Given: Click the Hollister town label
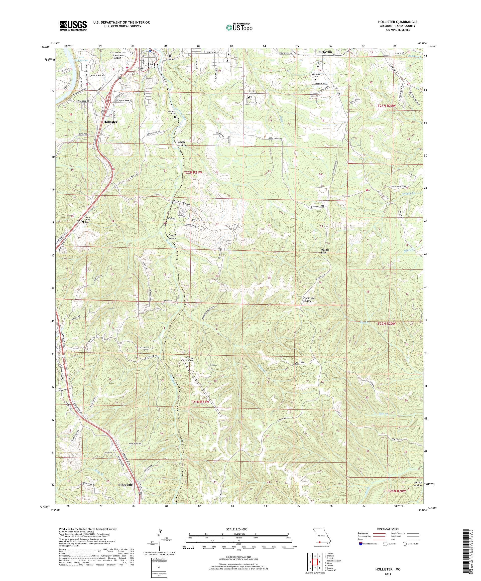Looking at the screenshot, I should coord(110,122).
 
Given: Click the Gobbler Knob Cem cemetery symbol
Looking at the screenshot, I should coord(249,97).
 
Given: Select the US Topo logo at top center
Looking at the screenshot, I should coord(239,27).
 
